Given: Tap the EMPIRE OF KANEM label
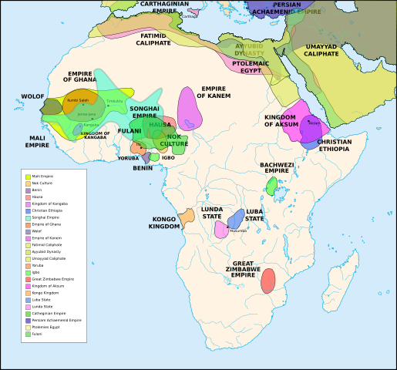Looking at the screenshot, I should (213, 92).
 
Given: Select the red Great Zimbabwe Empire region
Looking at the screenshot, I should (267, 281).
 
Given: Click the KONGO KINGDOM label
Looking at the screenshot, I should (165, 224).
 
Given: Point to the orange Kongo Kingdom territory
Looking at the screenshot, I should (187, 217).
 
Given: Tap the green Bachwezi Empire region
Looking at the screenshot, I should (271, 185).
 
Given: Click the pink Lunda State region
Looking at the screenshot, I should (220, 229).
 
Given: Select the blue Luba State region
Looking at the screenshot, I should (236, 218).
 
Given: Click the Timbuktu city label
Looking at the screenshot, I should (115, 101).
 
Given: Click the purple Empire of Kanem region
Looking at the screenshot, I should (189, 109).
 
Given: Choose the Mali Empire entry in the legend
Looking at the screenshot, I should (42, 177).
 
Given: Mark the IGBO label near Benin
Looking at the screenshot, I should (168, 157).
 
